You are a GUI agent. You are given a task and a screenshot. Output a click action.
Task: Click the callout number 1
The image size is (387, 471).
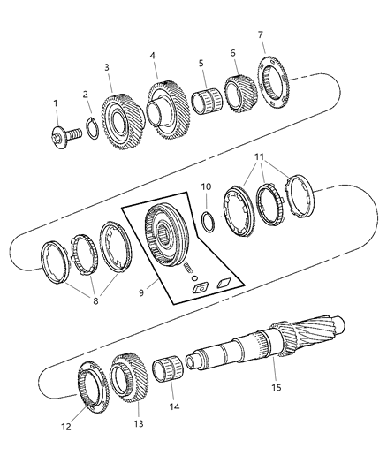(x=56, y=103)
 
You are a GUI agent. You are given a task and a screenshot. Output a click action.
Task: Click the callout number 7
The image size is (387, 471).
(x=260, y=34)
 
